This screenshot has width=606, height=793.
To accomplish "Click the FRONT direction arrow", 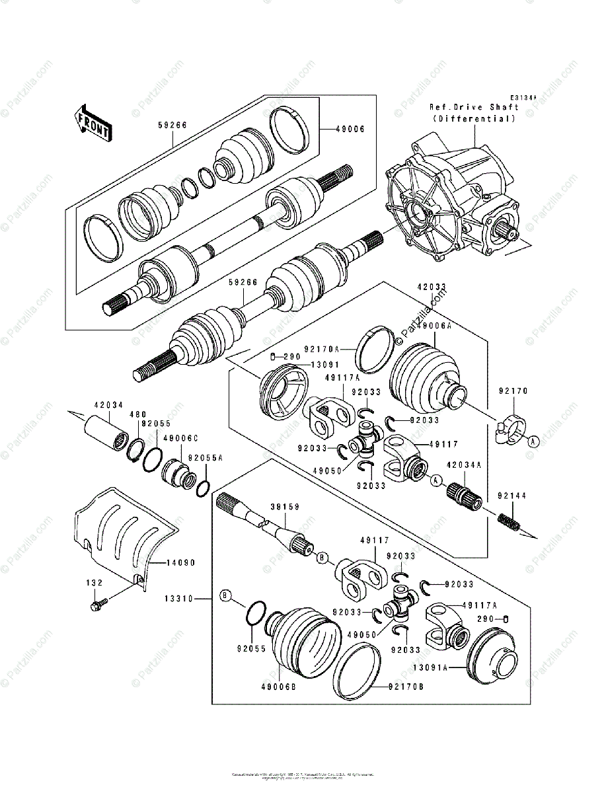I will pos(92,123).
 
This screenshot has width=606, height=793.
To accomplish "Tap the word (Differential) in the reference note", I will pos(474,118).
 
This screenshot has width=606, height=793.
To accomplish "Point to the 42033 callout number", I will pos(431,287).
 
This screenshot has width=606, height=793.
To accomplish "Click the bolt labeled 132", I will pos(97,603).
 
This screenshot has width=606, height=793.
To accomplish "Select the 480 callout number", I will pos(137,414).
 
